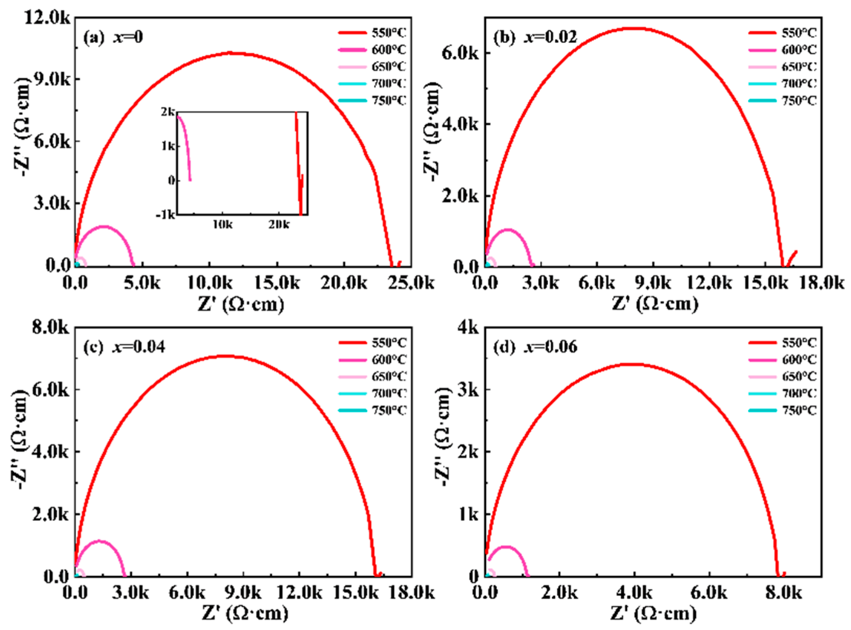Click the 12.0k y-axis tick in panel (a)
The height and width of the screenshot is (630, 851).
coord(47,18)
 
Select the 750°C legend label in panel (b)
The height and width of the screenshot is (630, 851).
coord(799,101)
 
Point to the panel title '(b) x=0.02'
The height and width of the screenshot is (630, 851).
coord(535,38)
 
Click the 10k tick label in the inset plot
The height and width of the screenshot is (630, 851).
coord(223,225)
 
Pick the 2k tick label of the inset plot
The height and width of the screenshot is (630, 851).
coord(167,112)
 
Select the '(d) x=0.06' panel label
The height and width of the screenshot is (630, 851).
coord(535,347)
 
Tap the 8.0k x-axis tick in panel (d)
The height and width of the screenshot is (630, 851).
coord(783,593)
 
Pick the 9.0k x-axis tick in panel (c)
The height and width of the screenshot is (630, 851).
coord(243,593)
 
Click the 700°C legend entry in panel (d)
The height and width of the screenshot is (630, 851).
coord(799,393)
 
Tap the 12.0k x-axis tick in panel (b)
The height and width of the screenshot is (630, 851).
coord(709,283)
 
